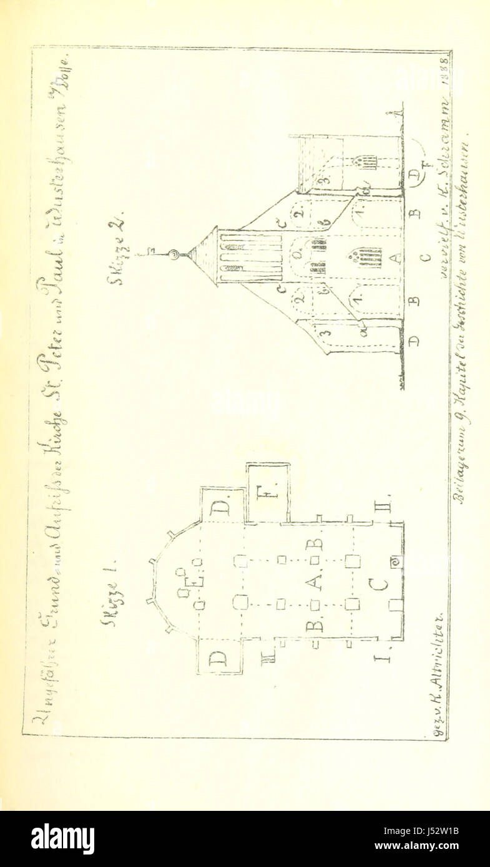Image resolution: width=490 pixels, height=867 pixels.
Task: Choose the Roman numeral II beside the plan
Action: click(385, 502)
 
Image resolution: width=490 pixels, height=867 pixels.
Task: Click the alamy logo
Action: click(62, 839)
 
